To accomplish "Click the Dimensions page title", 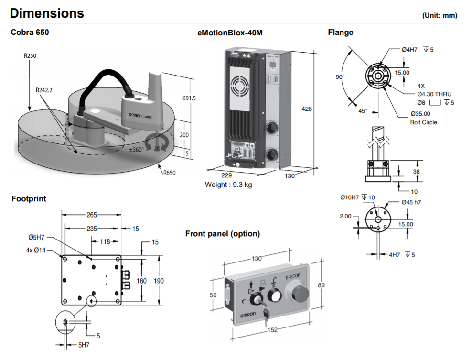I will [x=47, y=13].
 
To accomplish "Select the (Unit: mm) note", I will [x=440, y=15].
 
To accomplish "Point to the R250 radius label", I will [x=30, y=56].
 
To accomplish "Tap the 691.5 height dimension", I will [x=190, y=98].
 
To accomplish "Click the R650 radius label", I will [x=169, y=173].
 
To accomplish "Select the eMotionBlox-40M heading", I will [x=230, y=33].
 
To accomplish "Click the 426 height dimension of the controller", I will [x=306, y=109].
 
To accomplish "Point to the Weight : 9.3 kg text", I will [x=228, y=185].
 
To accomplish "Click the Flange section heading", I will [x=341, y=33].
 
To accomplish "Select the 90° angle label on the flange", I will [x=340, y=76].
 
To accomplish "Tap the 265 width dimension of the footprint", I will [x=91, y=215].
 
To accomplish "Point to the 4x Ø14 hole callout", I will [x=36, y=250].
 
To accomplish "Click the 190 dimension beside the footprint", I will [x=159, y=281].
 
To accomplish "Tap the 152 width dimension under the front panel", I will [x=271, y=329].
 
